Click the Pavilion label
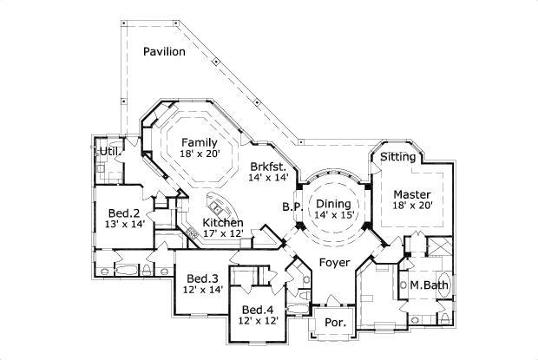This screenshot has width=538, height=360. tap(164, 51)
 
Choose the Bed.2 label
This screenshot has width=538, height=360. tap(124, 212)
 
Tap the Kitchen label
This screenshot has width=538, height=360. tap(222, 222)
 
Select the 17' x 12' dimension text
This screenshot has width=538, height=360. tap(224, 233)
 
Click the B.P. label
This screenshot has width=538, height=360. tap(291, 206)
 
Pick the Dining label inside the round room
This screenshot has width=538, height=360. tap(333, 203)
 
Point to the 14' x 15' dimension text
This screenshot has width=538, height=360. tap(334, 214)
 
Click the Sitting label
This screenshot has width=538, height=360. tap(398, 157)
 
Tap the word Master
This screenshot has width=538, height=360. tap(411, 193)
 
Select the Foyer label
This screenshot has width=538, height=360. tap(334, 261)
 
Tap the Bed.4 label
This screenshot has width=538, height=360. tap(259, 310)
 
